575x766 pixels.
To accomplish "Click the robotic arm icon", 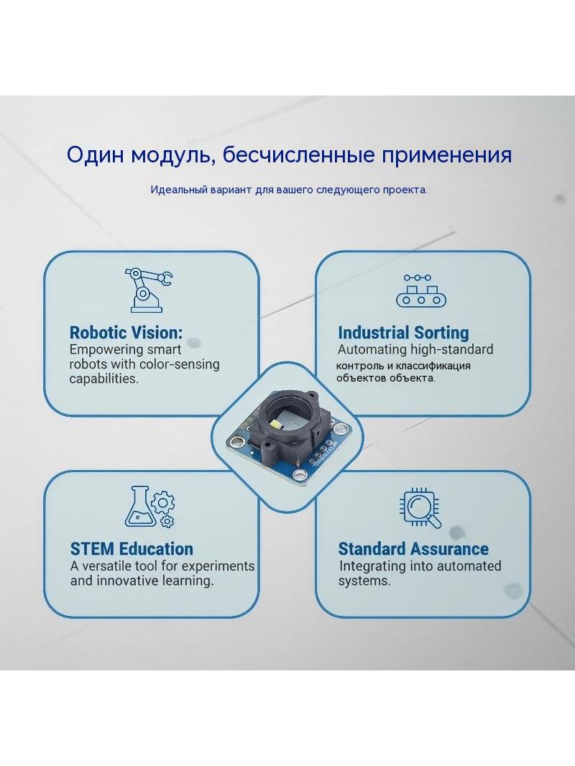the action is pyautogui.click(x=147, y=290).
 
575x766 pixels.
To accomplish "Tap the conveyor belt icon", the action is pyautogui.click(x=420, y=290).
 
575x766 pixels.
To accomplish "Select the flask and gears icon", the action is pyautogui.click(x=150, y=507).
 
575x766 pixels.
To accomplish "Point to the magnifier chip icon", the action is pyautogui.click(x=420, y=507).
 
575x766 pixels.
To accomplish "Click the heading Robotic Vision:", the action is pyautogui.click(x=126, y=333).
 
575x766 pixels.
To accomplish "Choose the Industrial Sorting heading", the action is pyautogui.click(x=403, y=333).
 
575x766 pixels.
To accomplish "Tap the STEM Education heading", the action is pyautogui.click(x=132, y=549).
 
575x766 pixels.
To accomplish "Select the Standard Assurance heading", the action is pyautogui.click(x=413, y=549).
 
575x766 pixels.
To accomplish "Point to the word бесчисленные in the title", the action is pyautogui.click(x=298, y=155).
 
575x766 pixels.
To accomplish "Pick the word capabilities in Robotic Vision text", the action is pyautogui.click(x=103, y=379).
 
